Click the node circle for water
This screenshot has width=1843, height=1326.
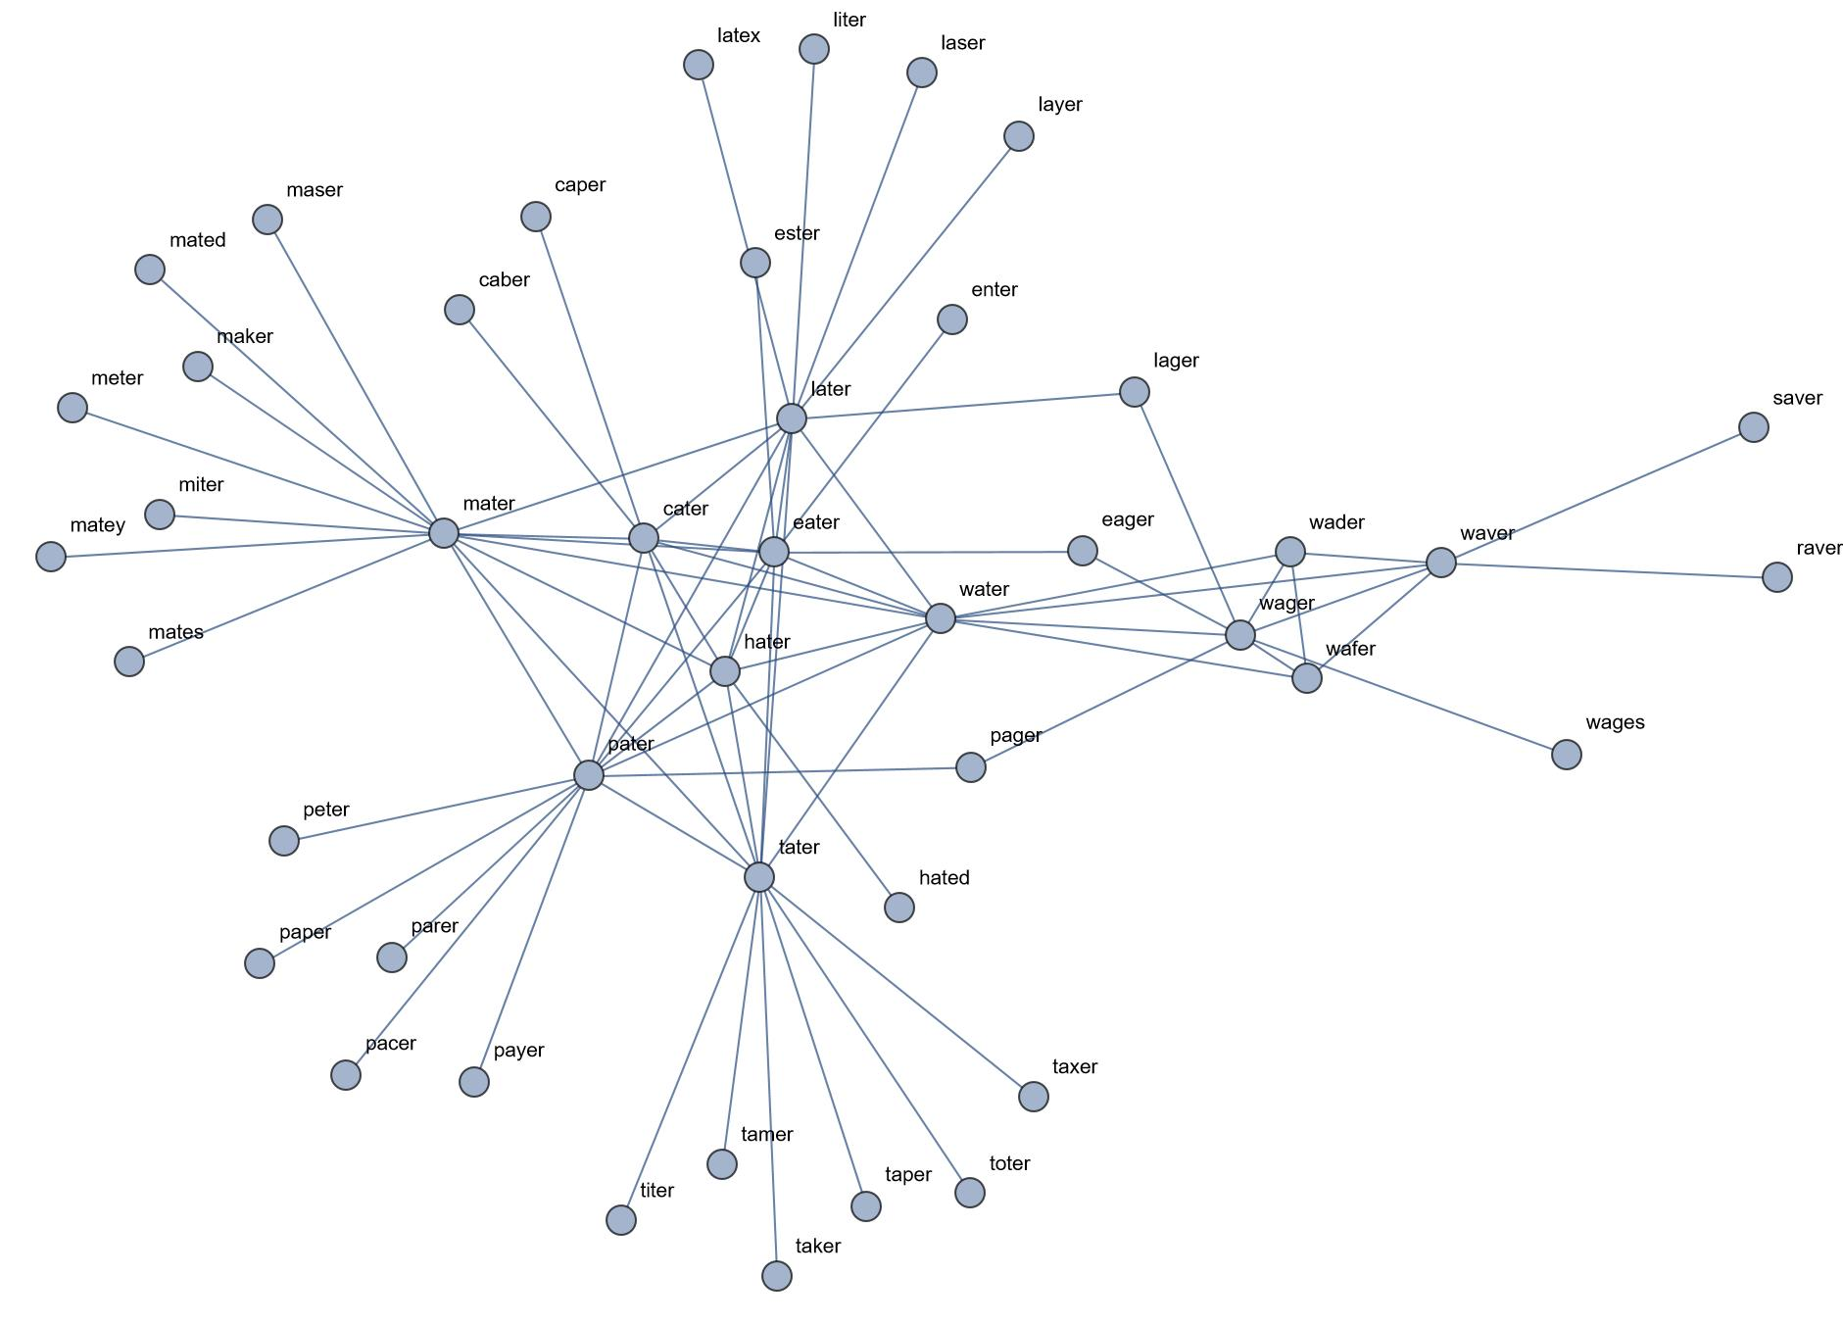pyautogui.click(x=940, y=618)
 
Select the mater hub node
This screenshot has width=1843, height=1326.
pyautogui.click(x=444, y=533)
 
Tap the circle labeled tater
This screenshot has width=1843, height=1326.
pyautogui.click(x=759, y=876)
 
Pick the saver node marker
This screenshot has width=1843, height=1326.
pyautogui.click(x=1753, y=427)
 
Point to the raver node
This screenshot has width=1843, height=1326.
pyautogui.click(x=1776, y=577)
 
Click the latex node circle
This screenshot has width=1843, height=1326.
pyautogui.click(x=698, y=65)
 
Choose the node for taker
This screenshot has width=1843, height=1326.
pyautogui.click(x=776, y=1275)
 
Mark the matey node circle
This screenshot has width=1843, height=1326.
pyautogui.click(x=50, y=557)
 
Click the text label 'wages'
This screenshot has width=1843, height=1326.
pyautogui.click(x=1614, y=723)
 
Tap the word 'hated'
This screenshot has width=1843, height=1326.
pyautogui.click(x=944, y=878)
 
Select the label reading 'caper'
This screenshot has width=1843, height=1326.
pyautogui.click(x=579, y=185)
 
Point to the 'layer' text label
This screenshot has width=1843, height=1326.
pyautogui.click(x=1059, y=105)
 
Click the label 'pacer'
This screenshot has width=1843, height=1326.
pyautogui.click(x=390, y=1044)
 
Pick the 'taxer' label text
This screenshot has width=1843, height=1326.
pyautogui.click(x=1074, y=1066)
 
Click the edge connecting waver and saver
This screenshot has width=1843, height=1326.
pyautogui.click(x=1597, y=495)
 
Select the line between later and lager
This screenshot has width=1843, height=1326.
pyautogui.click(x=962, y=406)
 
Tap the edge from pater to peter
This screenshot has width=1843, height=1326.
pyautogui.click(x=436, y=808)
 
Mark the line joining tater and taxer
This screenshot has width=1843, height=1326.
pyautogui.click(x=897, y=986)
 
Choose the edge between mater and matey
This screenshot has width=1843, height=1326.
pyautogui.click(x=247, y=545)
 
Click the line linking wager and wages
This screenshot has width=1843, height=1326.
pyautogui.click(x=1403, y=695)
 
